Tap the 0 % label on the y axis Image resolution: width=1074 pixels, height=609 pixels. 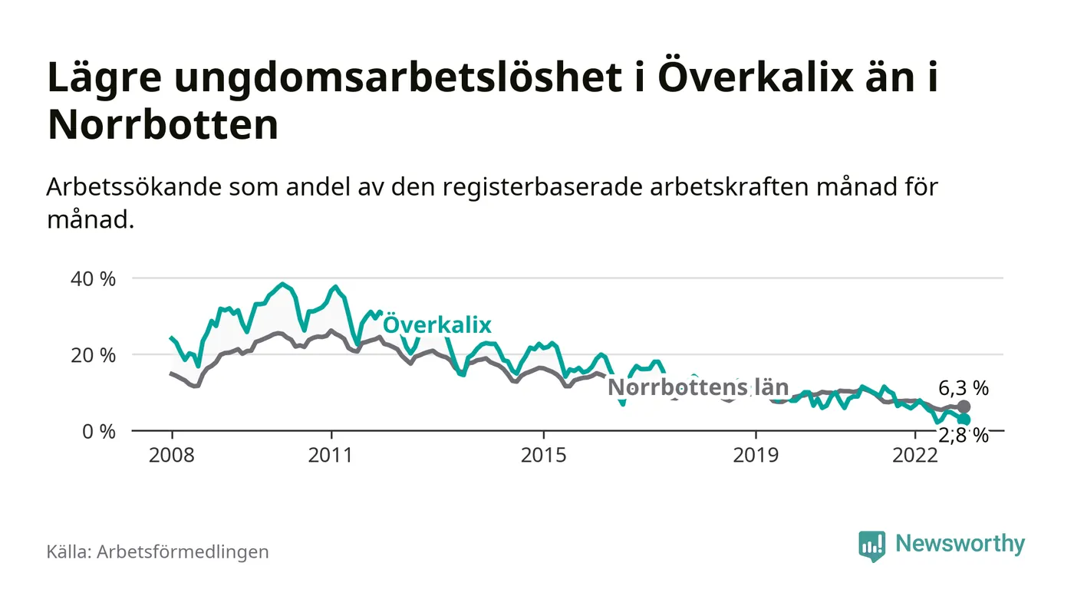pos(97,431)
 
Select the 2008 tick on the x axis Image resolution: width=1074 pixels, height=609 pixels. pos(172,456)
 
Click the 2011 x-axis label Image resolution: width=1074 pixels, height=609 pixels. pos(331,456)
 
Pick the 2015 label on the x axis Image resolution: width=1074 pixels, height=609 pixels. pos(544,456)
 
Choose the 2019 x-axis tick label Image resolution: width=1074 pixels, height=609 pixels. pos(756,456)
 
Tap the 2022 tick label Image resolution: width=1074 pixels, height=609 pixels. pos(915,456)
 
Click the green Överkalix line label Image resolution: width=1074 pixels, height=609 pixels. pos(437,324)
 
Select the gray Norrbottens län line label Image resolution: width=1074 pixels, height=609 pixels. pos(698,387)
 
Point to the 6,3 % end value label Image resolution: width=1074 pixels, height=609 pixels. pos(964,387)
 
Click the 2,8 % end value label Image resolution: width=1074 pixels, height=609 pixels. pos(964,436)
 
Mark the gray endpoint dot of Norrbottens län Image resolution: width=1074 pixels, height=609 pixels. pos(964,407)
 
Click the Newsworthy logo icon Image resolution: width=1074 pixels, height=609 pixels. pos(871,545)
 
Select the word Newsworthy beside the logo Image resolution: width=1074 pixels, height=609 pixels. pos(960,544)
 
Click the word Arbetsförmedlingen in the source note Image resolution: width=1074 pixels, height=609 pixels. pos(183,551)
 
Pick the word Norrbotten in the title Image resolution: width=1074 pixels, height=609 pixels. pos(163,126)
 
